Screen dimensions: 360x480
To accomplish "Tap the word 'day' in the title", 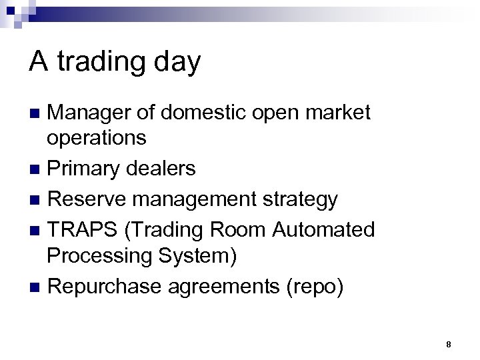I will tap(176, 63).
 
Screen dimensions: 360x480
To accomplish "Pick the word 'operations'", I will tap(96, 138).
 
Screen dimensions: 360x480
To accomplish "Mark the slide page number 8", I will tap(449, 345).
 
